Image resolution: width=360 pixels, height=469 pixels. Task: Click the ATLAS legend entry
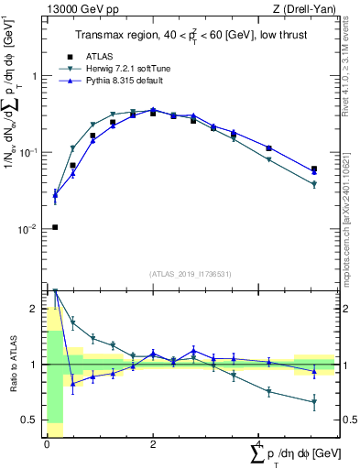101,57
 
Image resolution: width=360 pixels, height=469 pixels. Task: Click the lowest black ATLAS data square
55,227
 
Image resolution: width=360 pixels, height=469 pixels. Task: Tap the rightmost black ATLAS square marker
314,169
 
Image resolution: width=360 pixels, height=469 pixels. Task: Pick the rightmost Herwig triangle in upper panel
314,184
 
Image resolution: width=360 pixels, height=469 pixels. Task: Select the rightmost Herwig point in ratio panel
314,402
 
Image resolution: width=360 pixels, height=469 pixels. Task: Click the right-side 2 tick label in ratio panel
347,310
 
